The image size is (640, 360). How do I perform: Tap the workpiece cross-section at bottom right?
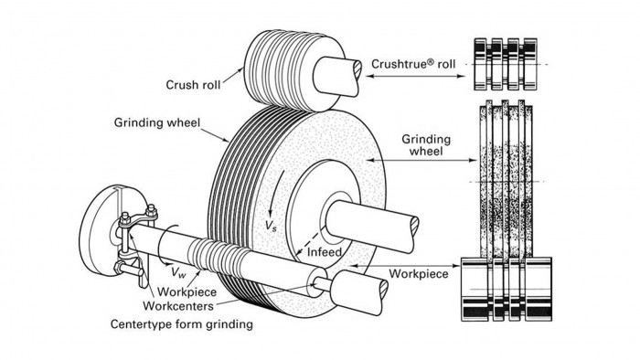pyautogui.click(x=505, y=288)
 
